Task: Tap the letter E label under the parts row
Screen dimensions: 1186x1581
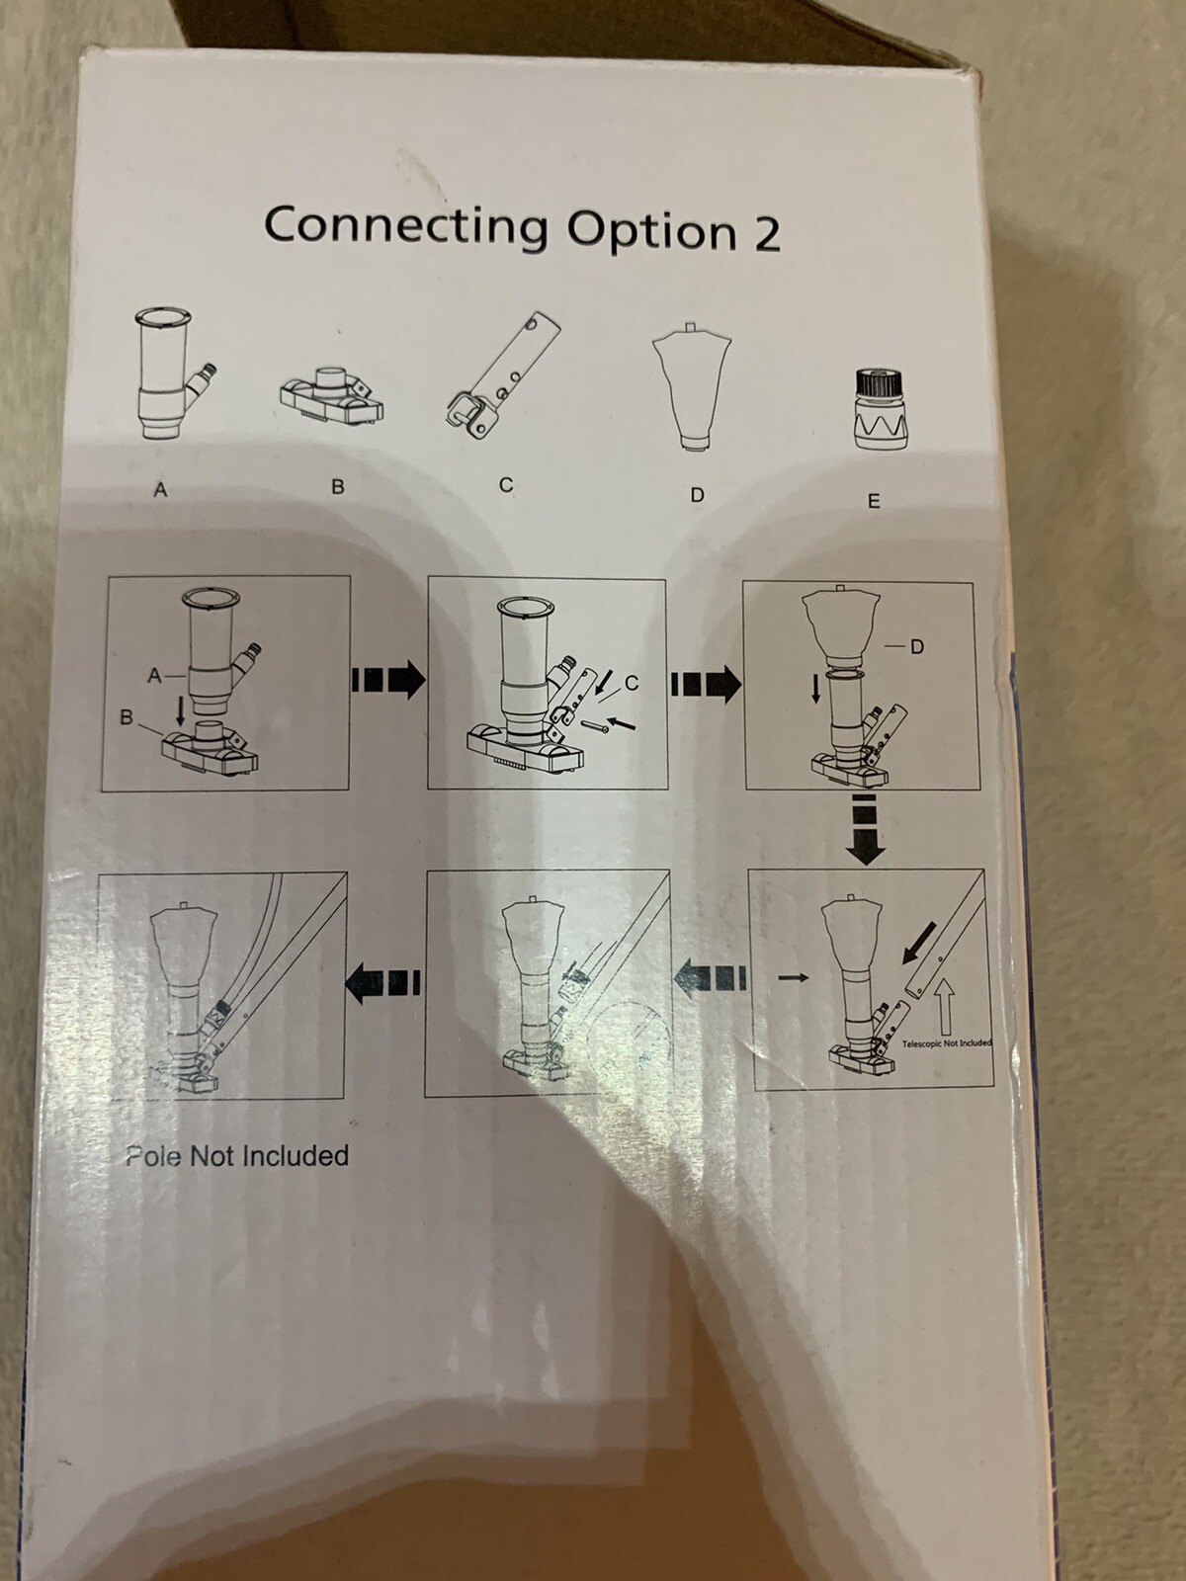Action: (x=874, y=501)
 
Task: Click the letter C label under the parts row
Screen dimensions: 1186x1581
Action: (x=506, y=485)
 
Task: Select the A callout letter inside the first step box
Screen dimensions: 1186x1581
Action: (x=153, y=675)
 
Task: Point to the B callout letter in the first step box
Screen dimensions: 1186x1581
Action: (x=127, y=718)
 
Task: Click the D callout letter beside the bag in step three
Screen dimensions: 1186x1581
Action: (x=917, y=647)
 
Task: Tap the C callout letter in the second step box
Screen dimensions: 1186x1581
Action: (x=632, y=683)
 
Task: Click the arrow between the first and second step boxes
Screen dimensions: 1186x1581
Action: (x=388, y=681)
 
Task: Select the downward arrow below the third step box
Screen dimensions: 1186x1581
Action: (x=865, y=829)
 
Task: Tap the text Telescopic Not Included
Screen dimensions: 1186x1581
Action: (x=946, y=1042)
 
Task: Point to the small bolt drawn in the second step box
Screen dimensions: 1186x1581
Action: (x=588, y=727)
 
